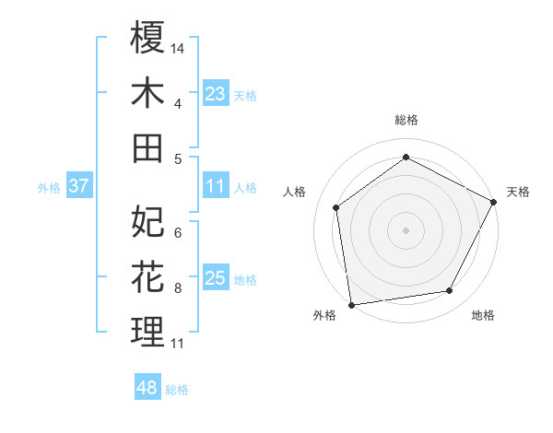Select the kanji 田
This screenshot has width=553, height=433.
147,147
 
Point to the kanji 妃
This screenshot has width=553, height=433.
147,221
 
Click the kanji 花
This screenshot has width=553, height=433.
147,276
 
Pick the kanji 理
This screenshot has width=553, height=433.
147,332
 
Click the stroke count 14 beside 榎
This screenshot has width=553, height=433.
178,47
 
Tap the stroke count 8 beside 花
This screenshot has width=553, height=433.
178,287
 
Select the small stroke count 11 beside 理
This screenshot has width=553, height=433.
178,344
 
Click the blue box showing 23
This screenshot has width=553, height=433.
216,94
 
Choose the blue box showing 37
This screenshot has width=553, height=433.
78,186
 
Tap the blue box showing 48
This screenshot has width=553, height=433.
147,389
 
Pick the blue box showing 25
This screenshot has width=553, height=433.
216,278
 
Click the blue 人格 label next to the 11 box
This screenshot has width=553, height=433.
245,187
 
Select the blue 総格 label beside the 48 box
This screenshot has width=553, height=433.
177,390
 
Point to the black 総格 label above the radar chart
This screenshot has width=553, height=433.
406,120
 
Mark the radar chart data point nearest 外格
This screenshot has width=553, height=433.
351,303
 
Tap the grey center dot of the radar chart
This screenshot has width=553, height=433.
406,229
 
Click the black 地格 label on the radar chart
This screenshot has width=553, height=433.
483,315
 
